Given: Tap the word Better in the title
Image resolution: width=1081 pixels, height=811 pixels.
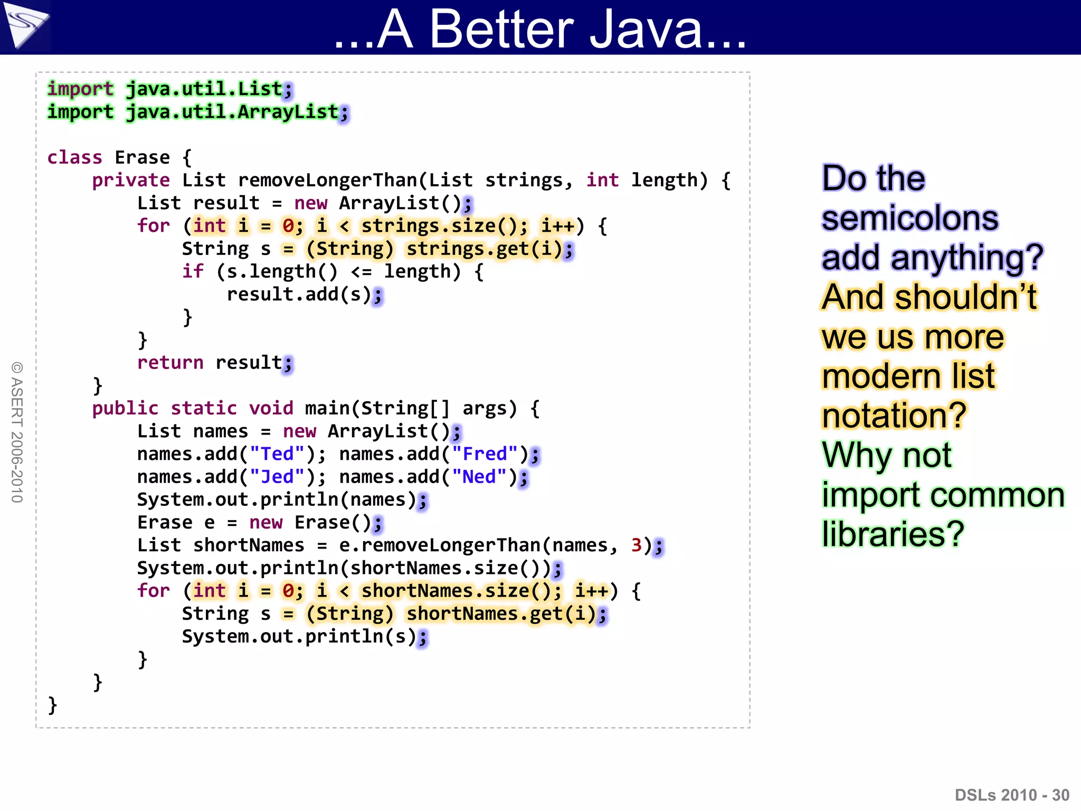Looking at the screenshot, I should pos(501,29).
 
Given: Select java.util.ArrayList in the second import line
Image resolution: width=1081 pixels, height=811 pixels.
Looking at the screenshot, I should pos(232,112).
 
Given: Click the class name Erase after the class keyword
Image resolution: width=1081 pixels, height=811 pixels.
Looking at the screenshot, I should pos(143,157).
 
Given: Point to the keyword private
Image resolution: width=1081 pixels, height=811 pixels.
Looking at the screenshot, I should pos(131,180).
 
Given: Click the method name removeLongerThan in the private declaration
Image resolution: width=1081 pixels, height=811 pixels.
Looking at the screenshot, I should pos(328,180).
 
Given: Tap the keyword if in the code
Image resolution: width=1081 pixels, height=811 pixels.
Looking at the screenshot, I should pos(193,271).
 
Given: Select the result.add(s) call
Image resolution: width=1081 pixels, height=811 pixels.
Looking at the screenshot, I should pos(299,294).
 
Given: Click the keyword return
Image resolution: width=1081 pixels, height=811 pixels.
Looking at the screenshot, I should pos(170,362).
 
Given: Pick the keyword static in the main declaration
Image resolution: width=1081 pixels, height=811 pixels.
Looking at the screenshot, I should pos(204,408).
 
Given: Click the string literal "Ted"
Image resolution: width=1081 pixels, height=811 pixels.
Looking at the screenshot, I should pos(277,454).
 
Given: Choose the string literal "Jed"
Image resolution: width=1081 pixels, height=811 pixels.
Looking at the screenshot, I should pos(277,476).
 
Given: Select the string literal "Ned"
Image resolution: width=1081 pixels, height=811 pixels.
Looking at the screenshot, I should pos(479,476).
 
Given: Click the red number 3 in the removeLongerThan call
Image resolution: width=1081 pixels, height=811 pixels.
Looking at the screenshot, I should pos(636,545).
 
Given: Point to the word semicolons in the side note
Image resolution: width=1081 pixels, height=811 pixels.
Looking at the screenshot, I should pos(910,218).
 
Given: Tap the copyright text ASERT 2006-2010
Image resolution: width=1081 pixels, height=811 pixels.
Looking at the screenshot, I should pos(17,432).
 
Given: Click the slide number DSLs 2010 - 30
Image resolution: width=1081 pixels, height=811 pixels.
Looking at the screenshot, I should pos(1012,795).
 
